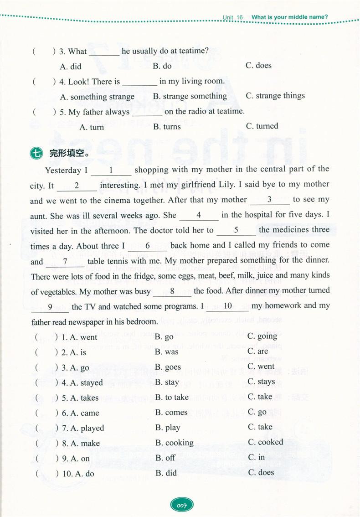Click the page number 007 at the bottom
pos(182,505)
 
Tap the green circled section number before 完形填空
pos(36,154)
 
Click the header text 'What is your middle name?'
pos(289,17)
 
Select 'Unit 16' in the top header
pos(233,17)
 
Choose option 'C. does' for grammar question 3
pos(258,66)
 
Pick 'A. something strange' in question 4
pos(97,97)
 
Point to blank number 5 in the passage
pos(236,231)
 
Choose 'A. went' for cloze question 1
pos(83,337)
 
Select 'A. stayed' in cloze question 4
pos(86,383)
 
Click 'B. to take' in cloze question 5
pos(172,398)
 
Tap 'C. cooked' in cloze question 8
pos(266,442)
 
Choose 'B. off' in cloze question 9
pos(165,458)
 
